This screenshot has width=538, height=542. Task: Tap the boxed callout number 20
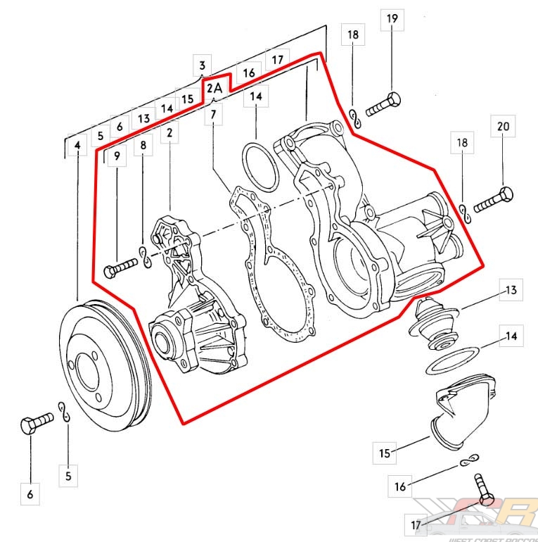pos(502,127)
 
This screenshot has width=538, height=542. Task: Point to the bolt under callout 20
pos(494,201)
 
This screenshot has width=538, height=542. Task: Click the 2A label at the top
pos(214,88)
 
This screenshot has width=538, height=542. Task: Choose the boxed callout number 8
pos(143,145)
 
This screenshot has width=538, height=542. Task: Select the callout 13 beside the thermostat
pos(510,289)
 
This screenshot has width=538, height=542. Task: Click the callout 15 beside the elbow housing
pos(384,453)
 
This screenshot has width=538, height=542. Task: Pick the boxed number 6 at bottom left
pos(30,494)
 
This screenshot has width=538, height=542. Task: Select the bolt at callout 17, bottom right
pos(482,490)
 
